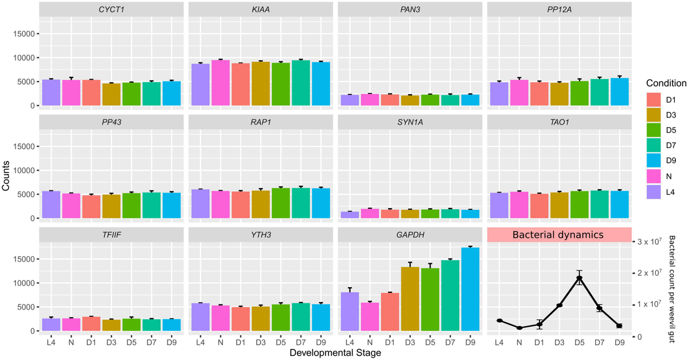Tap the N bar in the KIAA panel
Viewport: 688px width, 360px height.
pyautogui.click(x=220, y=83)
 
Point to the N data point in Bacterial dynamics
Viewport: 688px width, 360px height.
pyautogui.click(x=519, y=328)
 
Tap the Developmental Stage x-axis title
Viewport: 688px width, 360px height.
pyautogui.click(x=335, y=353)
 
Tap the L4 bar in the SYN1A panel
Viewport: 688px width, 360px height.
pyautogui.click(x=350, y=215)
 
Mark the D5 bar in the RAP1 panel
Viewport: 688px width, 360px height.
pyautogui.click(x=280, y=203)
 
